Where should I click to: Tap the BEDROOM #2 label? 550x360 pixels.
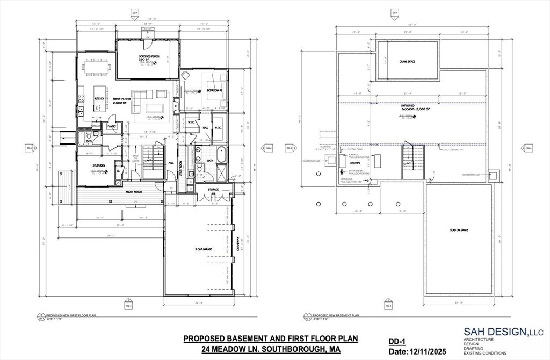(215, 90)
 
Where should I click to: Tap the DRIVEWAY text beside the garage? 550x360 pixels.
(236, 246)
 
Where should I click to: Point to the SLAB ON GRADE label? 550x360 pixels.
(459, 230)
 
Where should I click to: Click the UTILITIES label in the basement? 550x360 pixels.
(355, 162)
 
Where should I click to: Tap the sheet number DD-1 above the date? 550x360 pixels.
(396, 341)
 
